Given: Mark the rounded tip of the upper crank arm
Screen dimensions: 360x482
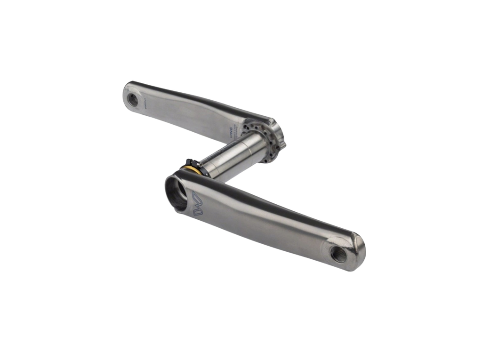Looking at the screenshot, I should tap(126, 93).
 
